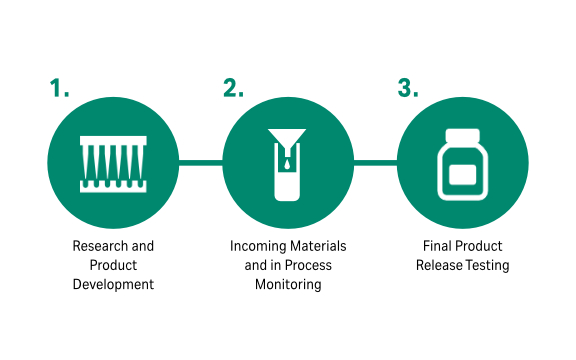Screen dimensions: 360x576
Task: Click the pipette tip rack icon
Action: pyautogui.click(x=113, y=163)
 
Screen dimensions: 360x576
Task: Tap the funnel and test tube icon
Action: pyautogui.click(x=287, y=162)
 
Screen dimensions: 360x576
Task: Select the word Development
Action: pyautogui.click(x=113, y=284)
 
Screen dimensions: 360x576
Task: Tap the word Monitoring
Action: pyautogui.click(x=289, y=284)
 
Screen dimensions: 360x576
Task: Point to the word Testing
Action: pyautogui.click(x=487, y=265)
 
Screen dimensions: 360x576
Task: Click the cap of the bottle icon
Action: pyautogui.click(x=461, y=133)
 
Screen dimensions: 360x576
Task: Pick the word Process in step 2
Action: pyautogui.click(x=307, y=265)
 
